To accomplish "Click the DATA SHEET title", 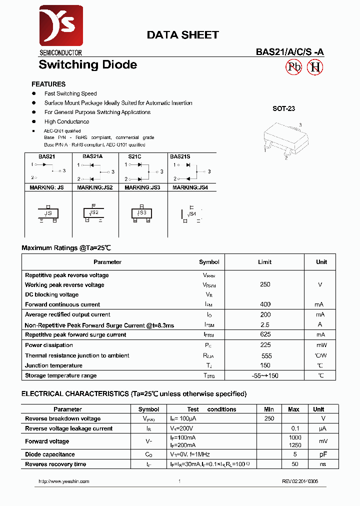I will tap(182, 35).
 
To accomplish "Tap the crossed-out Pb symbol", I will tap(293, 67).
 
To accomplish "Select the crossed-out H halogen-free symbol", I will tap(315, 67).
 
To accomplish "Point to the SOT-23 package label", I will tap(283, 108).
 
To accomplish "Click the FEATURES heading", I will tap(48, 84).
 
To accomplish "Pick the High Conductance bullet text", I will tap(66, 121).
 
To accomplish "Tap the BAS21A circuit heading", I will tap(92, 156).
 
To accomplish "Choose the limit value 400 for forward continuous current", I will tap(265, 304).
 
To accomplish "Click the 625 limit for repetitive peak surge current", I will tap(265, 334).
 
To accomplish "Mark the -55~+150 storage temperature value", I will tap(265, 375).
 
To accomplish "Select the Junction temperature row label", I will tap(53, 365).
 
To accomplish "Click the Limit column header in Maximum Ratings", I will tap(265, 262).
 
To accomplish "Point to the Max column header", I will tap(293, 409).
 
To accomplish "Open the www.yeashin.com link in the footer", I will tap(64, 481).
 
